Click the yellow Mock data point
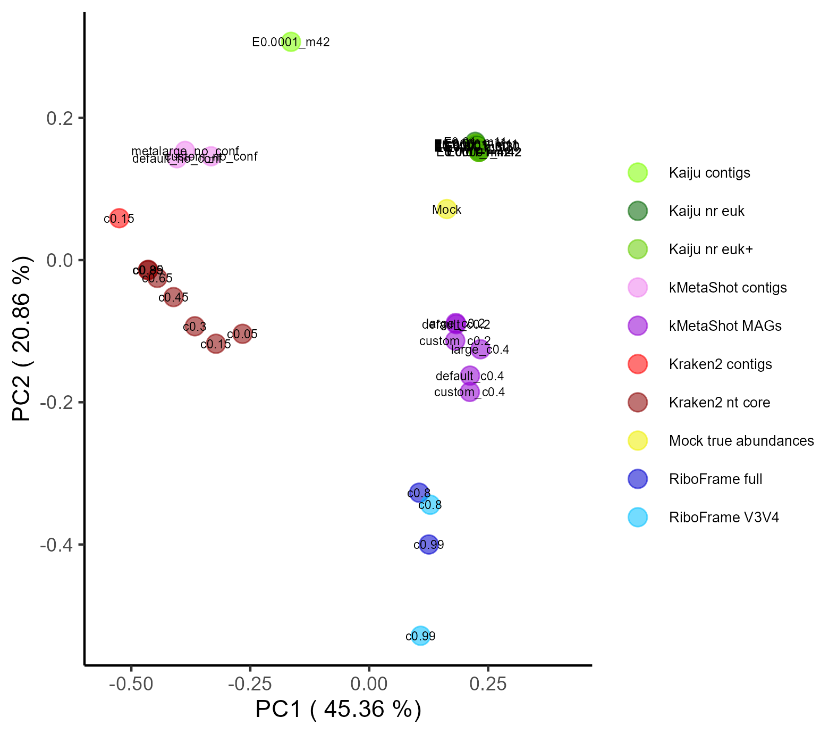point(447,209)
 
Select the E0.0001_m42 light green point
point(291,41)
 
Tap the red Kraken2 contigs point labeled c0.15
point(119,218)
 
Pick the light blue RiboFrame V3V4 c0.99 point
point(420,636)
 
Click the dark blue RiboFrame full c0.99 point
point(428,544)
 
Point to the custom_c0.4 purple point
point(470,392)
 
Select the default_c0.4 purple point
point(470,376)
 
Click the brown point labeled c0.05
point(242,334)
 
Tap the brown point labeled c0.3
point(195,326)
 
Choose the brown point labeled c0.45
point(173,297)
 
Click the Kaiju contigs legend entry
point(709,173)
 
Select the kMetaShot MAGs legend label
point(725,326)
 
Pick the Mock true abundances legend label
point(741,441)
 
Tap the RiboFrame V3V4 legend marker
point(638,517)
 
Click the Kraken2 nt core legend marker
point(638,402)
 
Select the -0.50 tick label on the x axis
point(131,685)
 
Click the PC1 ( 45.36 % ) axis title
point(339,710)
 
